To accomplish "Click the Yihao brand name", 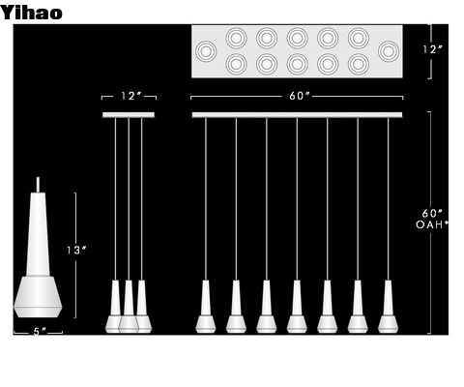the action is (31, 13).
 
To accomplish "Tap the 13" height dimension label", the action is (76, 250).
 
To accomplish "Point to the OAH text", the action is (430, 224).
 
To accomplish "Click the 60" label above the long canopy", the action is (300, 96).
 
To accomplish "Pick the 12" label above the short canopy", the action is (131, 96).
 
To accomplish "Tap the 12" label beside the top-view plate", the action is (432, 49).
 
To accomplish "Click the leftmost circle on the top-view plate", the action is (206, 51).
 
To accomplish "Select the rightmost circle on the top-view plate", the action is (389, 51).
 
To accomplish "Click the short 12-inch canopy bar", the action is (129, 115).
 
